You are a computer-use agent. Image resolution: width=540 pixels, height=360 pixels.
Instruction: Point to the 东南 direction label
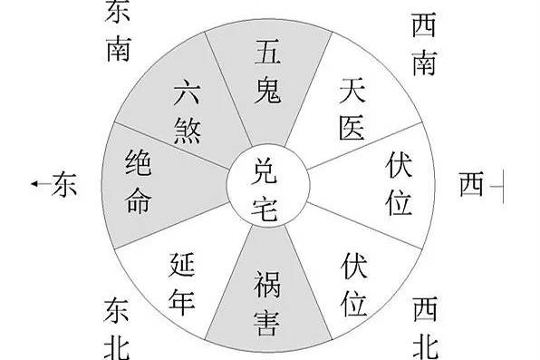click(119, 29)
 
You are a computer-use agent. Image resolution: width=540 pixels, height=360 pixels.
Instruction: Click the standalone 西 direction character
click(472, 185)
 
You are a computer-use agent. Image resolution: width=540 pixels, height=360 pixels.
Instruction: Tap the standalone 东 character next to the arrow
click(63, 184)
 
